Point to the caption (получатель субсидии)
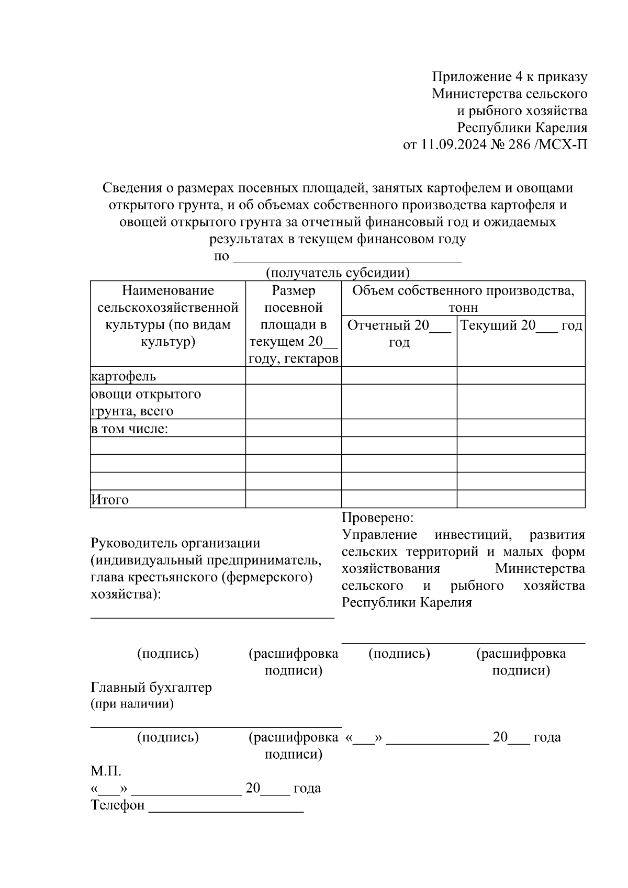[338, 273]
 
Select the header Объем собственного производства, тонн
[463, 298]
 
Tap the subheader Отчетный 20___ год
[399, 334]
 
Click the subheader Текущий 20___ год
[521, 325]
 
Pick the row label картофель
[124, 376]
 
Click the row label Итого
[110, 500]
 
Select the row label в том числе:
[129, 429]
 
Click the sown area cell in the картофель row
[293, 376]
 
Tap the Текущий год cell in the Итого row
[521, 499]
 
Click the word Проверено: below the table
[377, 518]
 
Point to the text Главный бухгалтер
[151, 687]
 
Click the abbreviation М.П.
[106, 771]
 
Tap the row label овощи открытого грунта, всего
[145, 402]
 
